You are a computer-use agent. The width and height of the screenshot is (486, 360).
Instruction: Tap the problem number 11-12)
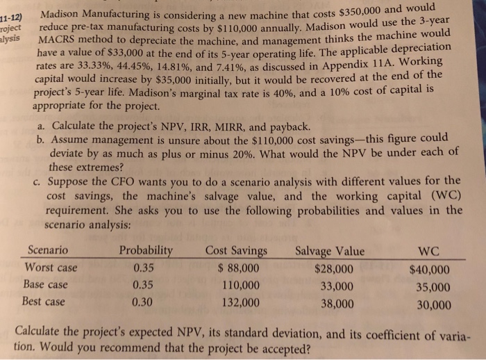pyautogui.click(x=13, y=15)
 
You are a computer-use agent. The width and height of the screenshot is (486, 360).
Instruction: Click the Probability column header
pyautogui.click(x=146, y=250)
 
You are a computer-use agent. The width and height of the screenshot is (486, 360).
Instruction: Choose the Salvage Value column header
pyautogui.click(x=329, y=252)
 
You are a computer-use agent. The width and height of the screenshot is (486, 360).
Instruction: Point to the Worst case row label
pyautogui.click(x=51, y=268)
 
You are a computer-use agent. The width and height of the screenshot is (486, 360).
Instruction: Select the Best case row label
pyautogui.click(x=45, y=302)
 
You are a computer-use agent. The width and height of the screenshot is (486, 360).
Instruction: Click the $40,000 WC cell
pyautogui.click(x=430, y=271)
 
